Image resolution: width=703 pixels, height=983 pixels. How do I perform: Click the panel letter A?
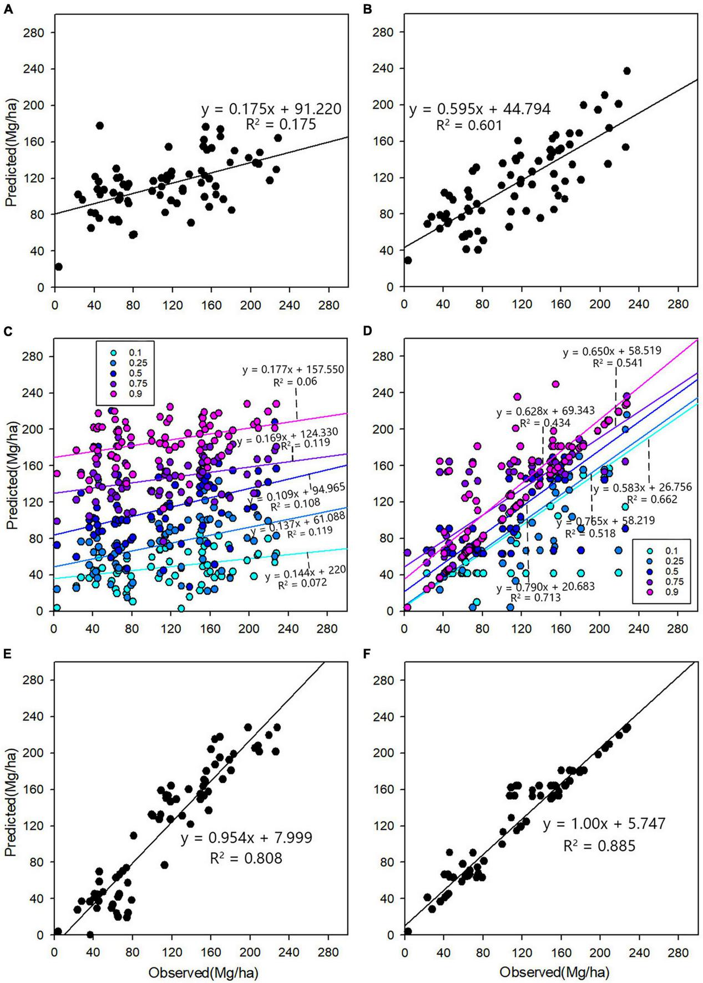pos(7,9)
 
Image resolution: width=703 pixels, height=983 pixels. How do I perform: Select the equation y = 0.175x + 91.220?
pos(271,109)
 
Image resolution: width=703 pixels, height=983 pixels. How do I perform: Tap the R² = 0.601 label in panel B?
pos(469,126)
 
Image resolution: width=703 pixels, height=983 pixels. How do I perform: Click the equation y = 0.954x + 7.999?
pos(246,838)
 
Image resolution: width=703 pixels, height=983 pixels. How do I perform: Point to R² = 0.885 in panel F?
pos(599,846)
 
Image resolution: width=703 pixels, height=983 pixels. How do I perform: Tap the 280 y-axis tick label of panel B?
pos(382,32)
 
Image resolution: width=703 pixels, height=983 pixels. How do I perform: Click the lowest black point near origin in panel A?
pos(58,267)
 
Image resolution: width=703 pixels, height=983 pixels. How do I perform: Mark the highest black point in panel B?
pos(627,71)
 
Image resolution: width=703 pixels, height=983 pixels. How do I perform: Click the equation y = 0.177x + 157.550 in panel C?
pos(293,369)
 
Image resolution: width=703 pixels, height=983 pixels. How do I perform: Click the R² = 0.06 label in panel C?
pos(295,382)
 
